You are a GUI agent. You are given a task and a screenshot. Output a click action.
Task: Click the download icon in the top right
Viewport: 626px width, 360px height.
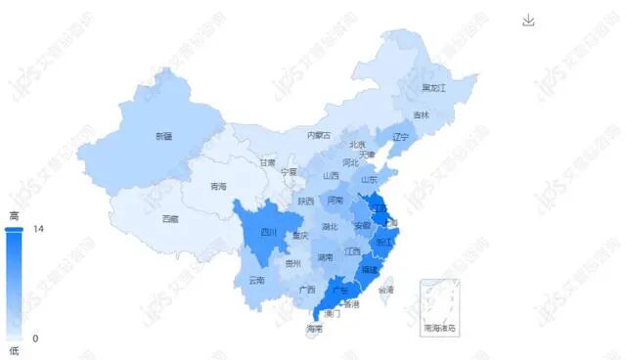click(529, 21)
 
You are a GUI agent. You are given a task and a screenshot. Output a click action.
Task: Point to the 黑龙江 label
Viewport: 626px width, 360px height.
click(433, 88)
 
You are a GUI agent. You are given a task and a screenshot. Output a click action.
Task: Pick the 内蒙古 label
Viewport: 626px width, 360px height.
click(319, 135)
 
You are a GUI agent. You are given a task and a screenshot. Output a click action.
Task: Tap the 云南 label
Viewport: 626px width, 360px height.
click(256, 281)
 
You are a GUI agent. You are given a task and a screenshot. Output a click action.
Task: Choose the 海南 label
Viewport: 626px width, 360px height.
click(314, 329)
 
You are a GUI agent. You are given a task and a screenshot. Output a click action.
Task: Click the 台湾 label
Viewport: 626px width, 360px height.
click(386, 290)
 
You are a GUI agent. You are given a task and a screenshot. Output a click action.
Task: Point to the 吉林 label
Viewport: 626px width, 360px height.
click(422, 115)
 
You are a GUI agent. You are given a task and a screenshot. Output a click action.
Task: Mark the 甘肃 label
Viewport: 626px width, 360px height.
click(267, 163)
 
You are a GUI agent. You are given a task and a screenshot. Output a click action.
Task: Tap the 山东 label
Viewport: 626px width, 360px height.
click(370, 180)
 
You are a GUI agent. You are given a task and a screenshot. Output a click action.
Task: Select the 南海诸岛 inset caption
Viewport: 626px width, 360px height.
click(440, 328)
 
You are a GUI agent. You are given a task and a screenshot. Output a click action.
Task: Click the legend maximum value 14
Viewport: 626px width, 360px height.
click(39, 229)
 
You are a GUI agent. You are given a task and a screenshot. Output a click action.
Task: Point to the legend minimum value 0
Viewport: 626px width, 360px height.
click(36, 337)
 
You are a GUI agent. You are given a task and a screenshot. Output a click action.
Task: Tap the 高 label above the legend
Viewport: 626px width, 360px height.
click(14, 215)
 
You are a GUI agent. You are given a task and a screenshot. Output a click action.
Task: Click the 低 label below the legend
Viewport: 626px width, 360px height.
click(14, 350)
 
